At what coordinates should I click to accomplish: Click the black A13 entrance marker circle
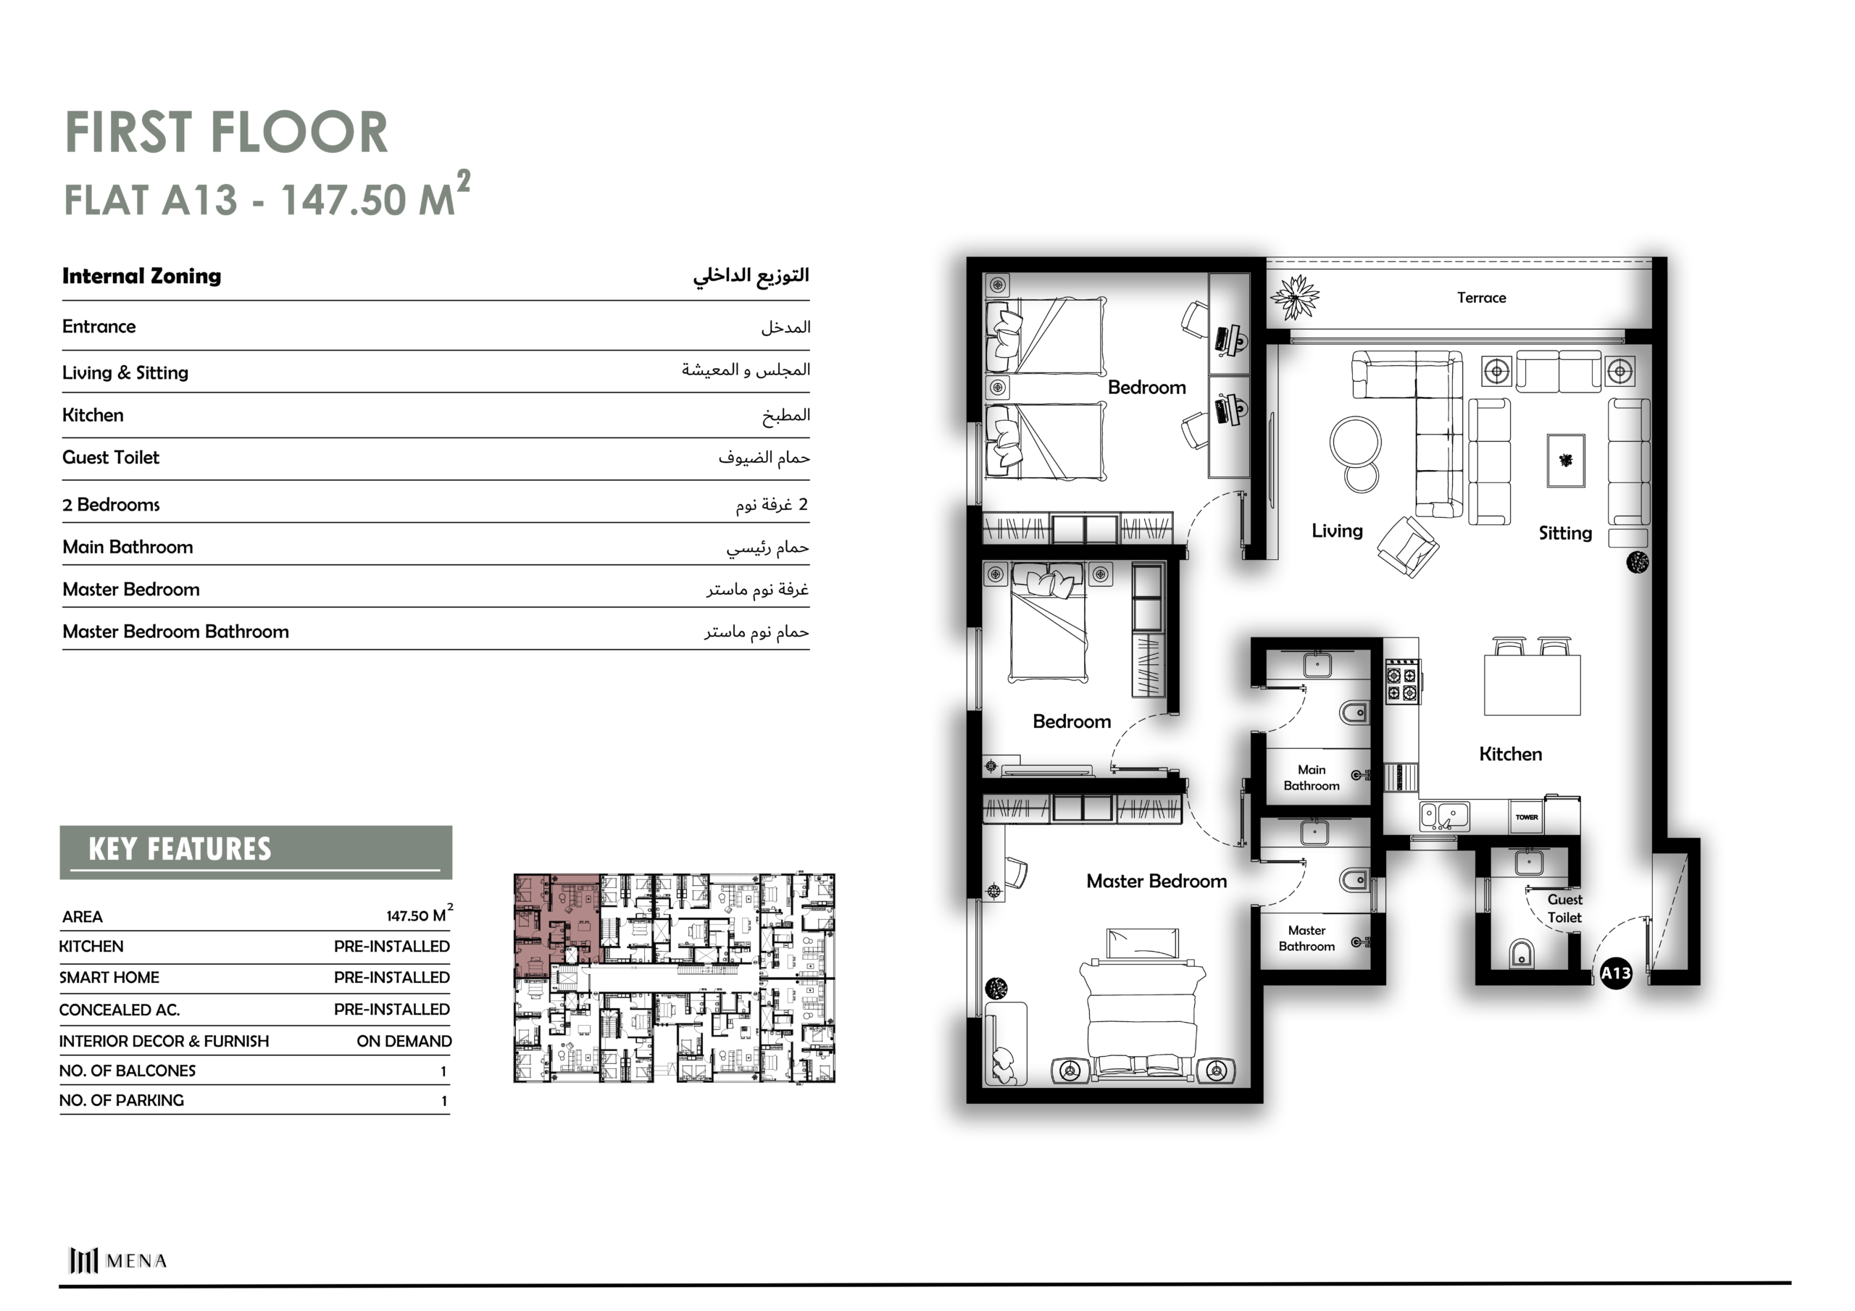click(1616, 973)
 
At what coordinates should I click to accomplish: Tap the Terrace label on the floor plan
click(1481, 297)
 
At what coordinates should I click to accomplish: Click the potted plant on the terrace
click(1294, 297)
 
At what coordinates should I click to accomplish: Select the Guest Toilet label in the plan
click(1564, 908)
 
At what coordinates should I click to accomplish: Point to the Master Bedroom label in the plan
click(1156, 881)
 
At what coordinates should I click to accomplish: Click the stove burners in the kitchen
click(1403, 682)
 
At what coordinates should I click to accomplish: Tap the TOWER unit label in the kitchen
click(1526, 816)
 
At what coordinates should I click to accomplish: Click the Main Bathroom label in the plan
click(1312, 777)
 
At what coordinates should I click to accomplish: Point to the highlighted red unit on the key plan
click(556, 920)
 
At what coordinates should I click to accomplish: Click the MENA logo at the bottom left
click(118, 1260)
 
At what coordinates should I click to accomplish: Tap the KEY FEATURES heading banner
click(256, 851)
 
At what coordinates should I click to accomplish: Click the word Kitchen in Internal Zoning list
click(93, 415)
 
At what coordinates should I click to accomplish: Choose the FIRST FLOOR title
click(226, 133)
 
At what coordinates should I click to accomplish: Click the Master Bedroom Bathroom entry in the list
click(175, 632)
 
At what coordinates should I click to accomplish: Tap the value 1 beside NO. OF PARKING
click(443, 1101)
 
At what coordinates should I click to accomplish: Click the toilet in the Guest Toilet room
click(1520, 953)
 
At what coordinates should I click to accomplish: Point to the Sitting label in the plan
click(1565, 533)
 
